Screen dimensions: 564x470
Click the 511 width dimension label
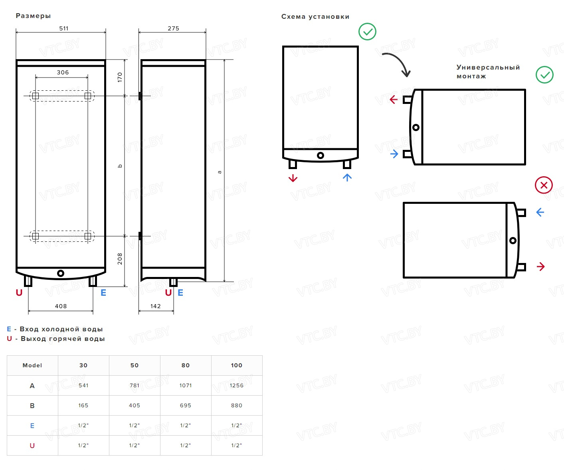(64, 28)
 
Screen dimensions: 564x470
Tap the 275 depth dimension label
(173, 28)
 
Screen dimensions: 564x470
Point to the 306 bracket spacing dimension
(63, 72)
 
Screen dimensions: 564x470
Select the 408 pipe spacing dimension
(61, 306)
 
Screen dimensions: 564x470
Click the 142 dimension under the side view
(156, 306)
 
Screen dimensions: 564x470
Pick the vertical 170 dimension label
(120, 78)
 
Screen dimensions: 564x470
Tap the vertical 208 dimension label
(120, 259)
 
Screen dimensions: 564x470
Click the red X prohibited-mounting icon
(544, 185)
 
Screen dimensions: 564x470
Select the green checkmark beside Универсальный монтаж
(544, 75)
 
